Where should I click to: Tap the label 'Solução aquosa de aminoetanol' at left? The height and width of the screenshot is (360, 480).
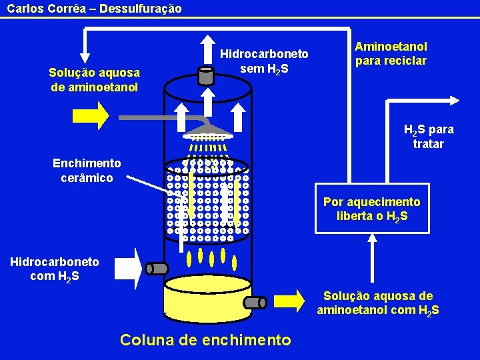point(95,80)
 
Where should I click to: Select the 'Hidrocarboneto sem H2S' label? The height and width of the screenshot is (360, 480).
point(265,61)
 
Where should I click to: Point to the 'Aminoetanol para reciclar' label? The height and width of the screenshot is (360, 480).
point(391,53)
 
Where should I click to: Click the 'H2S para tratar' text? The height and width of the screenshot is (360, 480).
point(428,137)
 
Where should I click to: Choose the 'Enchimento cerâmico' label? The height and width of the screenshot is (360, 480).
point(87,170)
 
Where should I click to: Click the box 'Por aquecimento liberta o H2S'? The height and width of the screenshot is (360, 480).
point(372,209)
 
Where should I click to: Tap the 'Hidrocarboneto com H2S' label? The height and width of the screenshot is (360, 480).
point(55,269)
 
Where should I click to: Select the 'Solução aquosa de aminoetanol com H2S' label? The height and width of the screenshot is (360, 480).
point(378,303)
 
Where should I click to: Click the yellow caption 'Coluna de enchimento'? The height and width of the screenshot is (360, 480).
point(205,340)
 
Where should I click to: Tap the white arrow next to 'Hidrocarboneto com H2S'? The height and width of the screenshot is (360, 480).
point(128,269)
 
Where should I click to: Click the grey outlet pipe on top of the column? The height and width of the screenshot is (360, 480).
point(206,75)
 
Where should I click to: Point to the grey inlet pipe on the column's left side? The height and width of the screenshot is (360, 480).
point(157,269)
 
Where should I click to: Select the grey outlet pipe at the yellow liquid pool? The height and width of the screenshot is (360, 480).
point(255,302)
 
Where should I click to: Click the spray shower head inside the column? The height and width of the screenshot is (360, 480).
point(207,131)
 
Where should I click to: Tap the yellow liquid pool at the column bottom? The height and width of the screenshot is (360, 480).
point(207,300)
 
